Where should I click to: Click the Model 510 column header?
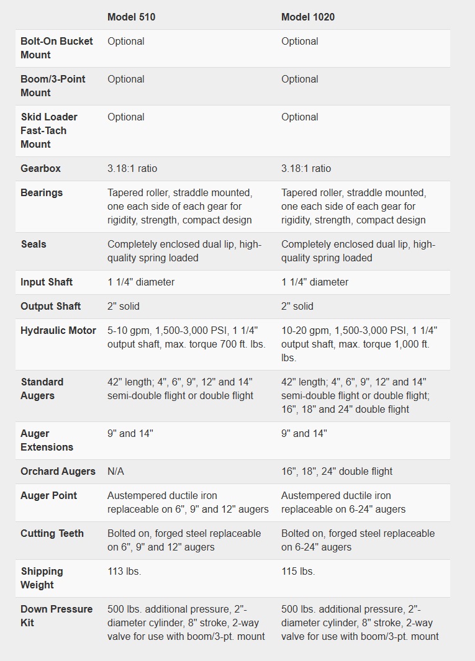tap(131, 17)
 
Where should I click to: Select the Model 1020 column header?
tap(307, 17)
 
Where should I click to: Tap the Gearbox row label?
tap(40, 168)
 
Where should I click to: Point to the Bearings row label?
tap(42, 192)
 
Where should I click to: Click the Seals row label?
tap(34, 244)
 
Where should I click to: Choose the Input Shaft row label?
tap(47, 282)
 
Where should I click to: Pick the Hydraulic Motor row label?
tap(58, 330)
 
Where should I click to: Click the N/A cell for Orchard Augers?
tap(115, 471)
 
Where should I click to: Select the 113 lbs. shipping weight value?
tap(124, 571)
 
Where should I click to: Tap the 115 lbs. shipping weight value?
tap(298, 571)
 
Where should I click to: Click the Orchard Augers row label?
tap(58, 471)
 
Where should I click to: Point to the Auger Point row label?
tap(49, 495)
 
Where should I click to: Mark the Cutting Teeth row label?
tap(52, 533)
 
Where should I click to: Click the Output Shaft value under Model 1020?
tap(297, 306)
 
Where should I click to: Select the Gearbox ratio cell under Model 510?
tap(132, 168)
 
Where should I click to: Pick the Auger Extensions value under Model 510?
tap(130, 433)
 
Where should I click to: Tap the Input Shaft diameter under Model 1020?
tap(314, 282)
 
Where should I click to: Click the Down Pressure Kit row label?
tap(57, 616)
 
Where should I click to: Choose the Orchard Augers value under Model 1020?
tap(337, 471)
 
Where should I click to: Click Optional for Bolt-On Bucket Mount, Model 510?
tap(126, 41)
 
